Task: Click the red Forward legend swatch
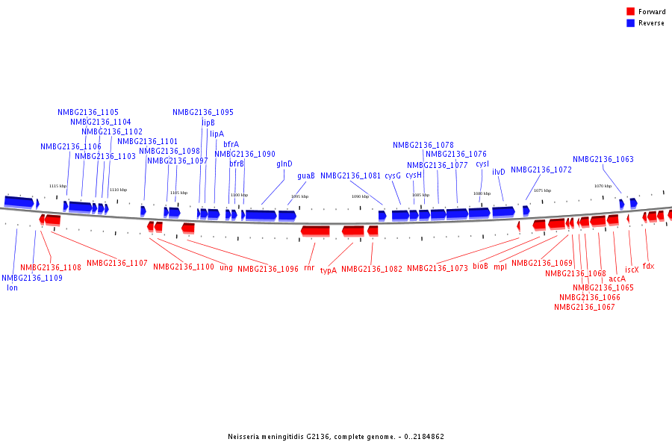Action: click(631, 12)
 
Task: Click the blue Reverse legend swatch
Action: click(631, 23)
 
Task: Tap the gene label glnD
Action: click(284, 164)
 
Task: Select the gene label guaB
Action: click(306, 176)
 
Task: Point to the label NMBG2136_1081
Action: click(351, 176)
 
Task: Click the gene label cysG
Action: click(393, 176)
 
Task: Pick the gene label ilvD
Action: click(498, 172)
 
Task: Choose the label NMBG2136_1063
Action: click(603, 159)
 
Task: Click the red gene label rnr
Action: click(309, 267)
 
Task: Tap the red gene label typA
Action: click(329, 270)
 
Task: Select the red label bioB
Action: click(480, 266)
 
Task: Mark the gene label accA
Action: click(617, 279)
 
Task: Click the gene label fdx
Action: click(648, 266)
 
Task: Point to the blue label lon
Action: click(12, 287)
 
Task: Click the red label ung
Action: click(226, 267)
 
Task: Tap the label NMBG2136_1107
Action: click(117, 263)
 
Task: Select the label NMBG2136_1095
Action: click(203, 113)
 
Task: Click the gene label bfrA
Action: click(231, 144)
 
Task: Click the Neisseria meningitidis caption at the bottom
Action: click(336, 437)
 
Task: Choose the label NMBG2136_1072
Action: click(541, 169)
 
